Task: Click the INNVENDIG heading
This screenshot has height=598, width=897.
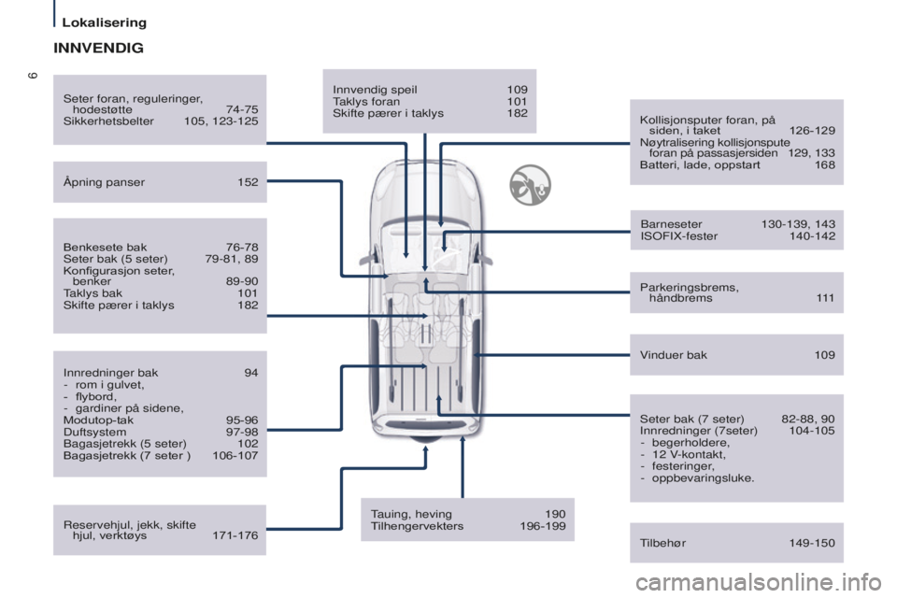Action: tap(98, 48)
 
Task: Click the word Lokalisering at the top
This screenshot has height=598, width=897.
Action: tap(104, 22)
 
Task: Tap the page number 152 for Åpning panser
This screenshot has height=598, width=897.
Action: tap(248, 182)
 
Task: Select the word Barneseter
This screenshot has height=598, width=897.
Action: tap(671, 224)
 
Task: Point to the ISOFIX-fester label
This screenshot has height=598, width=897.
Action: tap(679, 235)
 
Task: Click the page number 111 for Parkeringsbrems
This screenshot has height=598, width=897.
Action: tap(825, 297)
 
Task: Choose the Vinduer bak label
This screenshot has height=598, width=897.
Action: tap(674, 355)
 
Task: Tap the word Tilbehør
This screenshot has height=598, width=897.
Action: tap(662, 543)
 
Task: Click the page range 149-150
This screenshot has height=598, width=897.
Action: tap(812, 543)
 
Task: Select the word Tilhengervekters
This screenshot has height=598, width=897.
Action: tap(417, 526)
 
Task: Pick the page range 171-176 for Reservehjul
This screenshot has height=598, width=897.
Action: tap(235, 535)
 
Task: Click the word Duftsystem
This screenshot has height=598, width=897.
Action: tap(94, 432)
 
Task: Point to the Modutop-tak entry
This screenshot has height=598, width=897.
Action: tap(98, 420)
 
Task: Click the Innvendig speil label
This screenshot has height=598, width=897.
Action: tap(375, 90)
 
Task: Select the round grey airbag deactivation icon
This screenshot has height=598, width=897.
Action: tap(531, 185)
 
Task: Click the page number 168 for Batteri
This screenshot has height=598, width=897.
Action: tap(825, 164)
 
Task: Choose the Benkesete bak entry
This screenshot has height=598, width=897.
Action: tap(105, 248)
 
